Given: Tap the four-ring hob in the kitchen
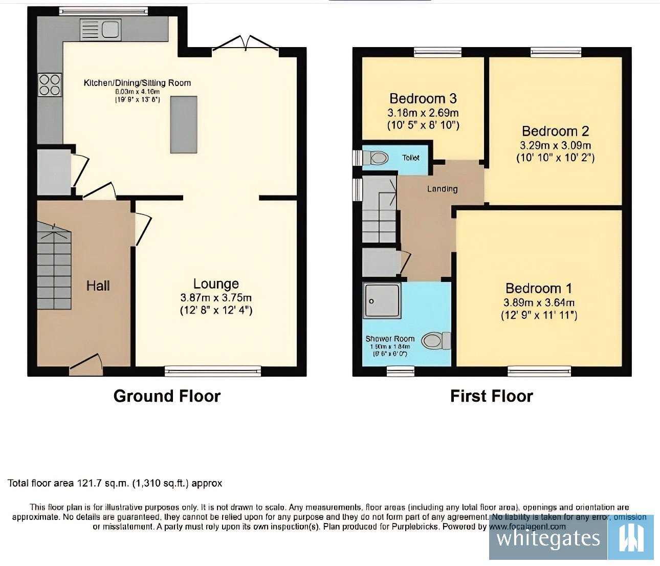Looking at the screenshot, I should point(50,85).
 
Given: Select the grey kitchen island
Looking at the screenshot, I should point(184,124).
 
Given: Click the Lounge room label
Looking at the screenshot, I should point(216,284).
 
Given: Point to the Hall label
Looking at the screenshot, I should point(98,286).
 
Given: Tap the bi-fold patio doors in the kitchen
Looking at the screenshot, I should point(245,45).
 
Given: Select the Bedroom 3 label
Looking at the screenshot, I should point(423,98).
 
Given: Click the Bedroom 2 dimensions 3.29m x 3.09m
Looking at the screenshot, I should point(555,145).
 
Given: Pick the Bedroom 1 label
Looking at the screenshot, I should point(539,288).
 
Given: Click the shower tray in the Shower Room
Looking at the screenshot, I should point(382,301).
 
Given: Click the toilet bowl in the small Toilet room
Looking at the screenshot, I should point(378,158).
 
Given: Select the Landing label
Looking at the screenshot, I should point(442,189).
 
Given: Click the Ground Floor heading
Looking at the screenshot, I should point(167,396).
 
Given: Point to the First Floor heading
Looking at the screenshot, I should point(491,396).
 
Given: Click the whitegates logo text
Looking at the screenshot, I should point(548,538).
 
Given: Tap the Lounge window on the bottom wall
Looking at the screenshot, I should point(213,371).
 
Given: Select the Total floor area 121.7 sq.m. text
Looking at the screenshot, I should point(115,483).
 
